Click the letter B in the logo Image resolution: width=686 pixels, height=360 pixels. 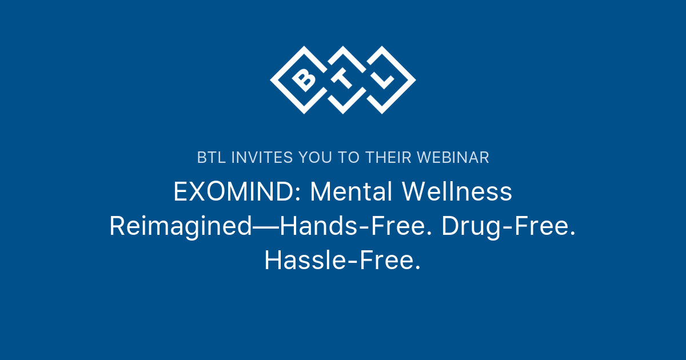point(304,80)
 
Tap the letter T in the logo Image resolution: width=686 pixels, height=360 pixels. point(344,80)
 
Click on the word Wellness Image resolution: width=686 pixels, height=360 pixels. point(457,193)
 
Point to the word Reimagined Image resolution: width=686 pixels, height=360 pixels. point(180,227)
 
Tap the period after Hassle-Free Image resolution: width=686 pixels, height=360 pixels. point(418,269)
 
